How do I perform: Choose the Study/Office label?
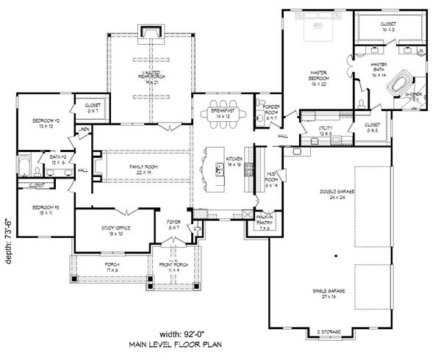(x=115, y=231)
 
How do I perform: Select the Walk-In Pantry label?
(x=265, y=220)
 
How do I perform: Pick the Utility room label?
(x=326, y=130)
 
